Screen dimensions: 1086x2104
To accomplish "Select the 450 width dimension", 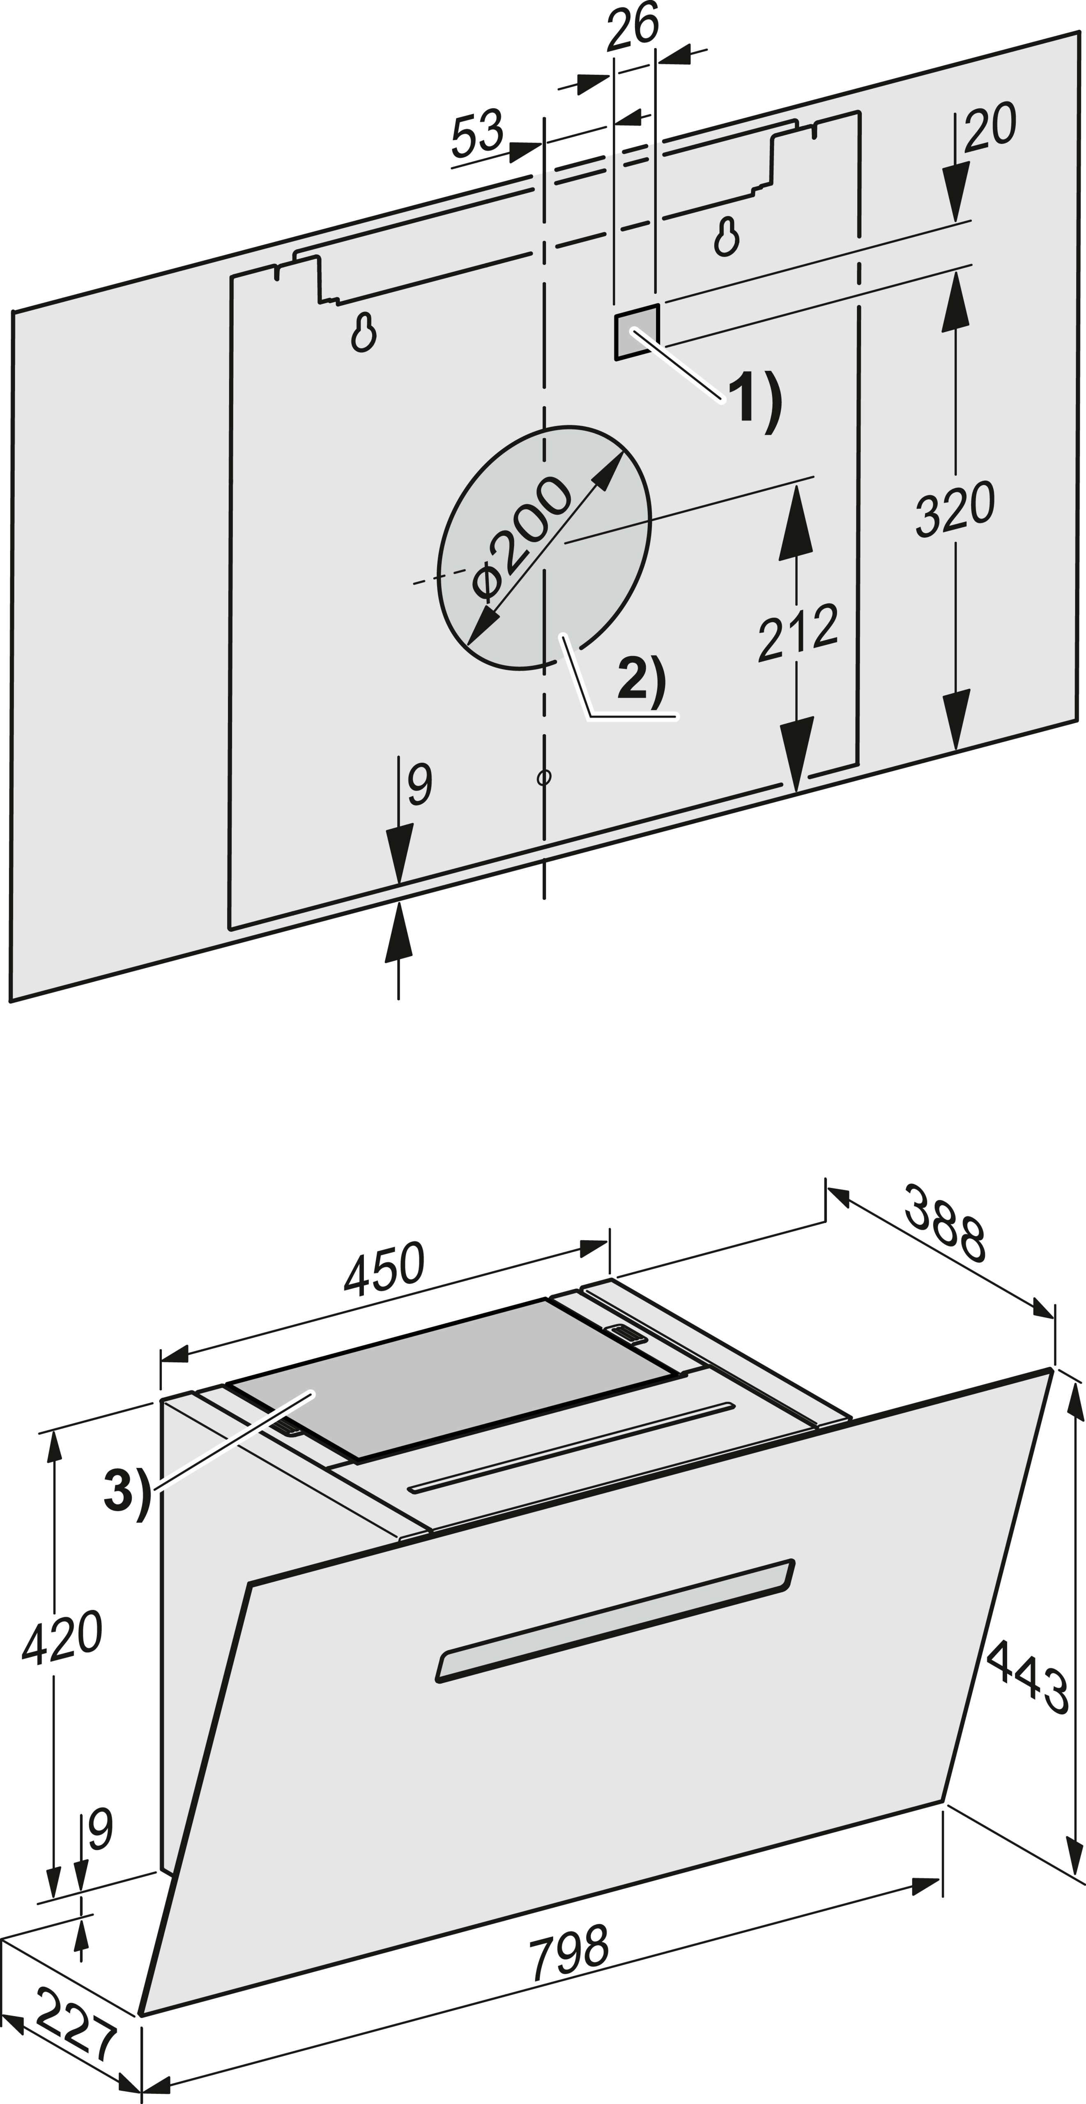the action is pos(384,1269).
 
